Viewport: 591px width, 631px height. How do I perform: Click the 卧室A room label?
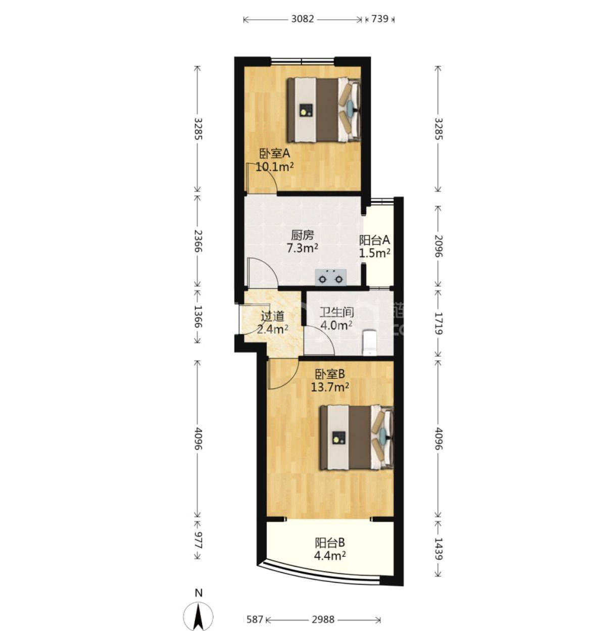[x=274, y=154]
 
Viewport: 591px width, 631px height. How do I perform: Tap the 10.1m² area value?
[x=274, y=167]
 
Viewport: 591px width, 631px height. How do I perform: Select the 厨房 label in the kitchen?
[x=302, y=235]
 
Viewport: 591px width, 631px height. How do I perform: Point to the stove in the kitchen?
[x=330, y=277]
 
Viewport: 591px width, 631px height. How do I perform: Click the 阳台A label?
[x=375, y=240]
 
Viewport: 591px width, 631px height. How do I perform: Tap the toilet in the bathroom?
[x=370, y=343]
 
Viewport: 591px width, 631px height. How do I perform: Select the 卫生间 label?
[x=336, y=313]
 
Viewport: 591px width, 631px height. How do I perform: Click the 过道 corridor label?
[x=272, y=317]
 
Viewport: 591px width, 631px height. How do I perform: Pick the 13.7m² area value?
[x=330, y=387]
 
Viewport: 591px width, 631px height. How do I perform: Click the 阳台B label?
[x=330, y=543]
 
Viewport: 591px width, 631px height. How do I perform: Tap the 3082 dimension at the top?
[x=303, y=19]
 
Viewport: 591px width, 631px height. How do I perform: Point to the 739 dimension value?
[x=380, y=19]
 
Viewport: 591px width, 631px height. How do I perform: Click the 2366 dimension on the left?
[x=198, y=241]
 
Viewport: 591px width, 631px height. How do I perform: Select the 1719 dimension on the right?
[x=438, y=323]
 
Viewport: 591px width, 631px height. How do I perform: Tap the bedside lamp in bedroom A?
[x=351, y=108]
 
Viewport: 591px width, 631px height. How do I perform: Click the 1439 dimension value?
[x=438, y=549]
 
